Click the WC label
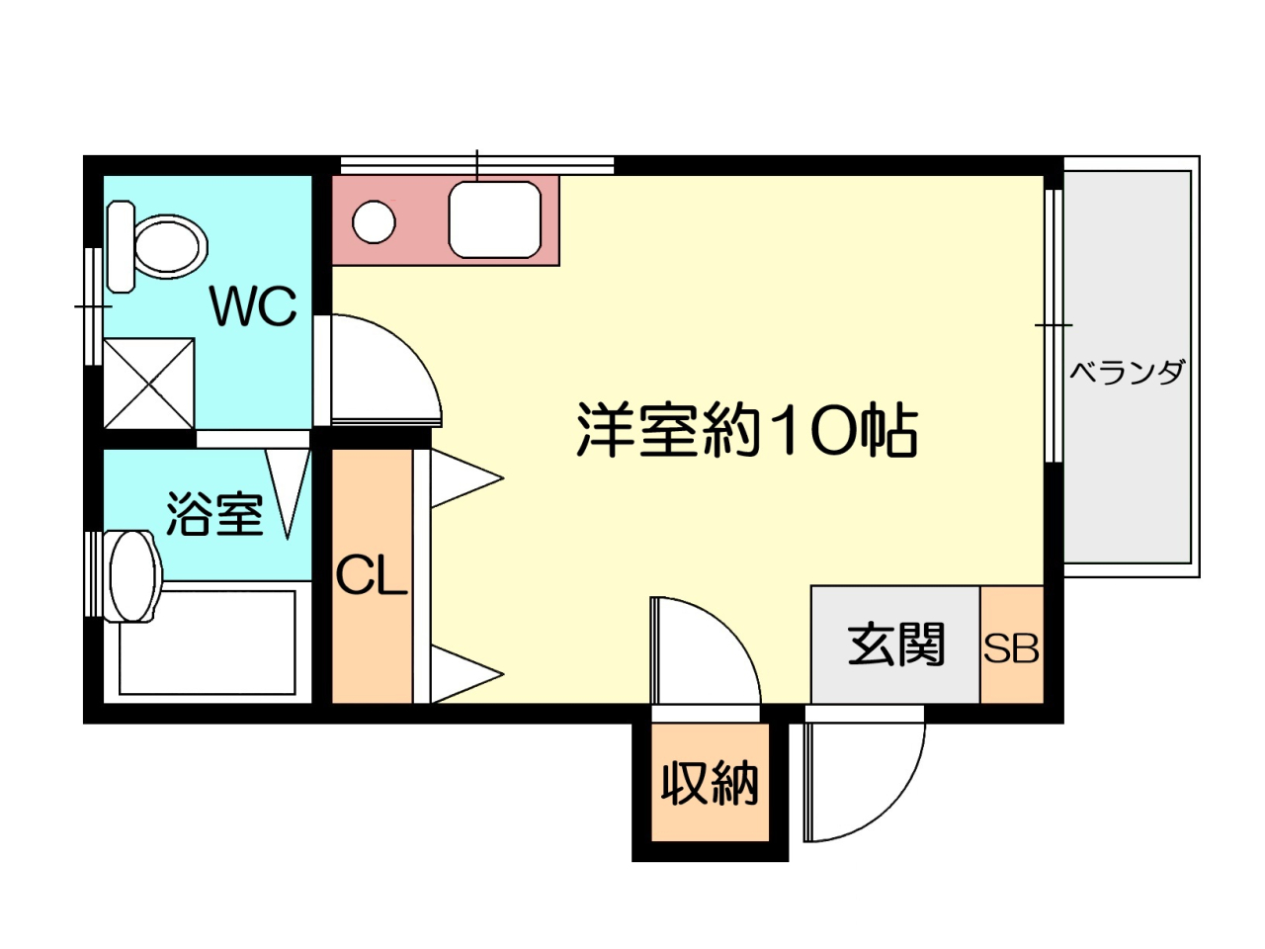[x=254, y=306]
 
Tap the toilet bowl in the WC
[x=171, y=246]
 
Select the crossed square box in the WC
[x=148, y=384]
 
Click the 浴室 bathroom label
[x=215, y=514]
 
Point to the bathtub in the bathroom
[x=208, y=643]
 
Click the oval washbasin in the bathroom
[x=133, y=576]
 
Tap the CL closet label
[x=372, y=575]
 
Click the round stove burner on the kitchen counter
[x=374, y=221]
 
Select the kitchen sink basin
[x=494, y=219]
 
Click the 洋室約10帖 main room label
[x=747, y=430]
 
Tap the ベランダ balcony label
[x=1128, y=372]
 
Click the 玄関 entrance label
[x=896, y=644]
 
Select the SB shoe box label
[x=1011, y=648]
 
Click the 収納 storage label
[x=710, y=783]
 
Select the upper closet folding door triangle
[x=466, y=478]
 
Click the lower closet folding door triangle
[x=466, y=674]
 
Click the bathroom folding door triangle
[x=288, y=494]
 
